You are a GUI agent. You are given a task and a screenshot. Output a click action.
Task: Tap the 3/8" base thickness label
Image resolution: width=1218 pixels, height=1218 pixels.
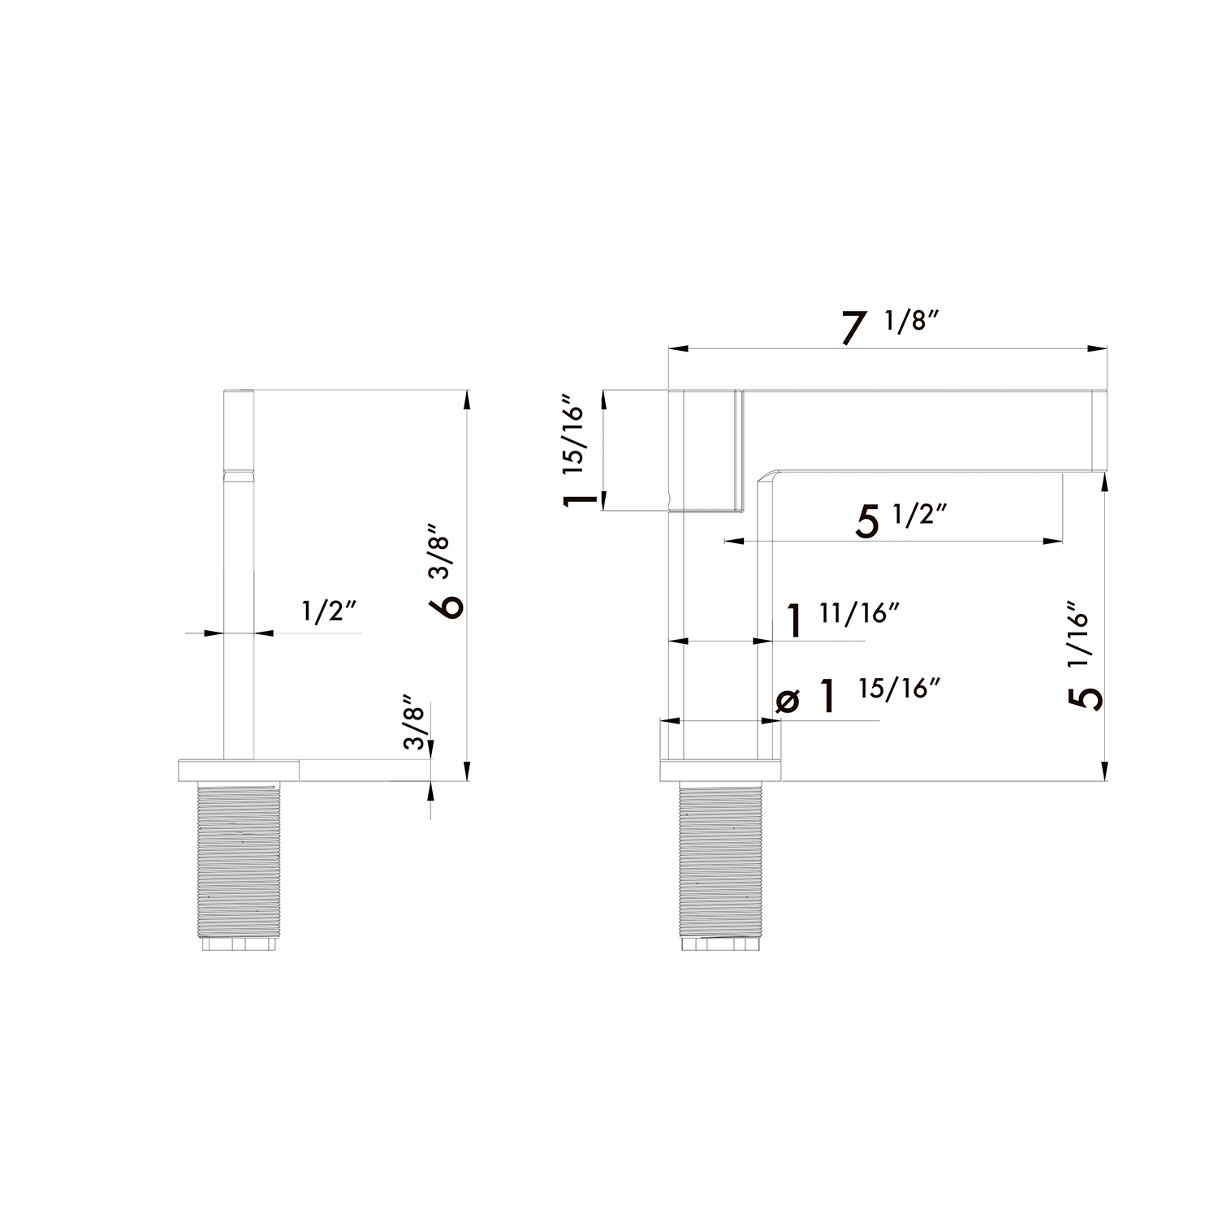click(414, 725)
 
